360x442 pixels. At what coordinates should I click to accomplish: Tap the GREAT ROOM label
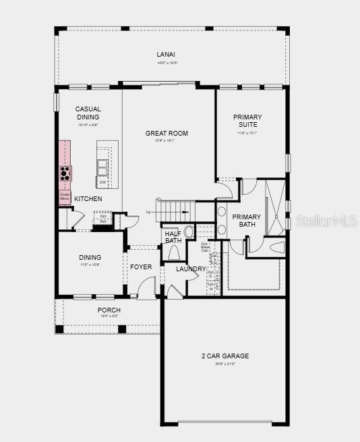[x=167, y=134]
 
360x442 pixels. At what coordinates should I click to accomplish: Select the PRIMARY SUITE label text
[x=247, y=121]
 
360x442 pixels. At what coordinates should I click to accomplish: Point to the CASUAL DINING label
[x=88, y=113]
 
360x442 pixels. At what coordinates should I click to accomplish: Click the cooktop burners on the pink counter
[x=65, y=173]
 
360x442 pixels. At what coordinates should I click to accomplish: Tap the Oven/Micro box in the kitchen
[x=65, y=196]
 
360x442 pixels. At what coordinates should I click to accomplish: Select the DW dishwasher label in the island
[x=102, y=182]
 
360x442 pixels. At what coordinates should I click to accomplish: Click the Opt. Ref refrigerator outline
[x=103, y=219]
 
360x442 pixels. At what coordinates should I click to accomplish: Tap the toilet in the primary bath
[x=276, y=247]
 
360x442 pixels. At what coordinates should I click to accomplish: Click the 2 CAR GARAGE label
[x=224, y=356]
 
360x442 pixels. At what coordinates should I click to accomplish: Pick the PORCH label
[x=109, y=310]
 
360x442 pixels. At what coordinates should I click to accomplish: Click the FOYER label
[x=141, y=267]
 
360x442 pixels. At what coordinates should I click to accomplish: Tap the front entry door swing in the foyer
[x=146, y=289]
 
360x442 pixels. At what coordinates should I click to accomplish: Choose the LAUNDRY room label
[x=191, y=269]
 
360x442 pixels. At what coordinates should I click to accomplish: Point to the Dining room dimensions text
[x=90, y=265]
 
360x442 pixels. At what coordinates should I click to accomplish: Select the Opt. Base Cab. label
[x=206, y=247]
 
